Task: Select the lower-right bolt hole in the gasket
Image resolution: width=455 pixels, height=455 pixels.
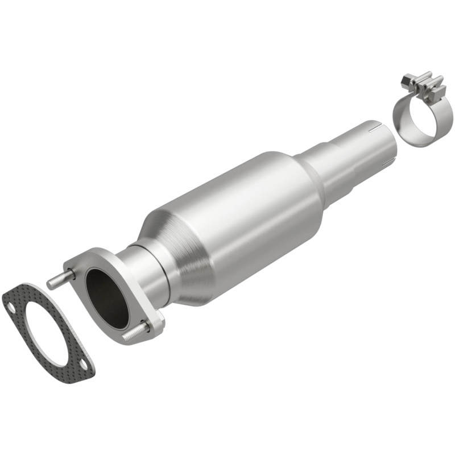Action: pyautogui.click(x=83, y=365)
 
